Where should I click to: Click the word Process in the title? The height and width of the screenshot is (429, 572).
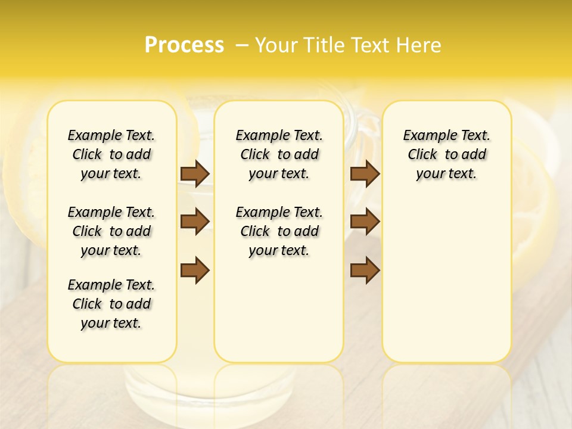[184, 45]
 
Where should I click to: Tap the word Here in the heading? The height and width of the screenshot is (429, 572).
[419, 45]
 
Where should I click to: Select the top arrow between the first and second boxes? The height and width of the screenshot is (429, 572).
[195, 174]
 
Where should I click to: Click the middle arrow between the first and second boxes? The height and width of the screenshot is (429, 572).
[195, 222]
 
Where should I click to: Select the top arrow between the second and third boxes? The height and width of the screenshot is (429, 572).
[365, 174]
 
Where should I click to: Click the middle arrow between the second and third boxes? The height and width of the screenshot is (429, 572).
[365, 222]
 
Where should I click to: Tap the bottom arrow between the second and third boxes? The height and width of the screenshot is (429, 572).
[365, 270]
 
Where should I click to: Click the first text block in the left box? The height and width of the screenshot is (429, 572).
[111, 154]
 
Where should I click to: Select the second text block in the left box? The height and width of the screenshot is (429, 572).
[111, 231]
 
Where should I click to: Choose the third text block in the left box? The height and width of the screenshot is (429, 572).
[111, 304]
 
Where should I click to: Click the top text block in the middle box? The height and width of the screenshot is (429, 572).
[279, 154]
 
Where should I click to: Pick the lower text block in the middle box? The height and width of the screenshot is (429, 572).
[279, 231]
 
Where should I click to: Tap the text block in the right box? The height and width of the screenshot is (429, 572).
[446, 154]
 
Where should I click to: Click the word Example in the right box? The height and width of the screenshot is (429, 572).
[427, 136]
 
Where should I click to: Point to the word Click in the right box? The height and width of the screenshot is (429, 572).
[422, 155]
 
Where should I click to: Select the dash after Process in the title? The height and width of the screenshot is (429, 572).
[242, 45]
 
